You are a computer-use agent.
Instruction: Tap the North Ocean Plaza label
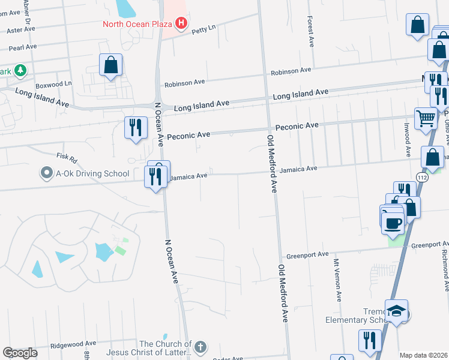coord(137,25)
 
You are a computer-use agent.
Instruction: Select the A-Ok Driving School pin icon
coord(46,174)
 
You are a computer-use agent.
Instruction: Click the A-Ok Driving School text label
coord(92,174)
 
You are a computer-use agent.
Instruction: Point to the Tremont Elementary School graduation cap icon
coord(396,311)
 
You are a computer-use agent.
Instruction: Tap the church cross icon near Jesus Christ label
coord(200,347)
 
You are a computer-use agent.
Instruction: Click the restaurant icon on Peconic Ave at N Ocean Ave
coord(136,127)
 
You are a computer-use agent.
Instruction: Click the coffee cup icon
coord(393,223)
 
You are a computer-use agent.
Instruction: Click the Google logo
coord(20,353)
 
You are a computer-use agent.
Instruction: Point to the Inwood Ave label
coord(406,142)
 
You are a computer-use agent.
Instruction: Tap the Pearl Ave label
coord(23,46)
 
